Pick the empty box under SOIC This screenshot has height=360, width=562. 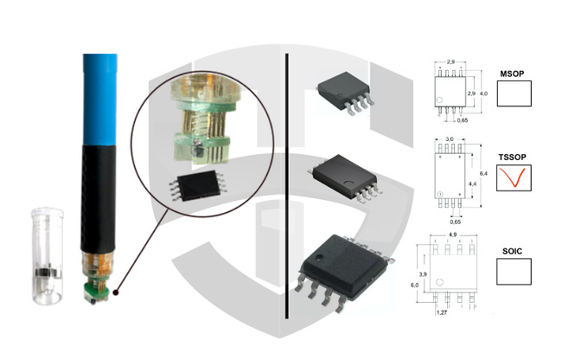[514, 272]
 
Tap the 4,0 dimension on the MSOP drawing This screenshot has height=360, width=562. [484, 93]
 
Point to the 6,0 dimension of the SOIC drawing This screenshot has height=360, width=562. [415, 285]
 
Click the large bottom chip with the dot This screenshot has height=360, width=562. [339, 267]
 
